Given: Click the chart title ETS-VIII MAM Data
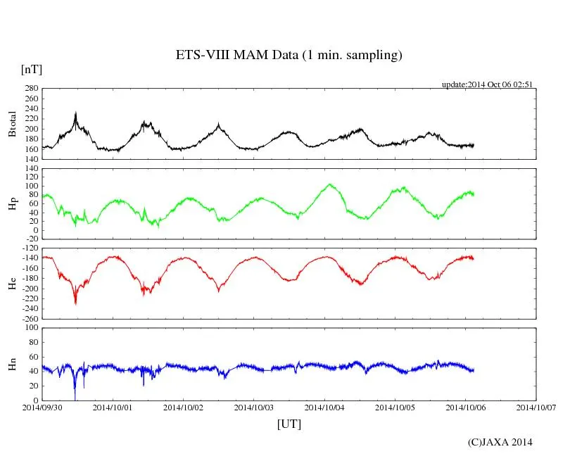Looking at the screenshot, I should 289,56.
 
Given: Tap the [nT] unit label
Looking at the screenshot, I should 32,70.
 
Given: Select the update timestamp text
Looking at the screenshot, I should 487,84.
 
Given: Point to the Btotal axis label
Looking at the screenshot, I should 12,124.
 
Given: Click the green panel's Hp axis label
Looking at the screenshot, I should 12,203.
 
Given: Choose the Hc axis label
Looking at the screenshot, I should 12,283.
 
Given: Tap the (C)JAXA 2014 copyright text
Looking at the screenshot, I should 500,442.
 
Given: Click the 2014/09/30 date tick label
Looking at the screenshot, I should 42,408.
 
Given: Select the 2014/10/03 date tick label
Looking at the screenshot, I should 254,408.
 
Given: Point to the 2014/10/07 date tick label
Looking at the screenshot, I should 536,408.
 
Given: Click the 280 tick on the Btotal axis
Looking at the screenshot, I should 31,89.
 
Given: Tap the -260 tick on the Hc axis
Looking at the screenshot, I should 29,319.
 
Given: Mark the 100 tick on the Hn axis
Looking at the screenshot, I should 31,327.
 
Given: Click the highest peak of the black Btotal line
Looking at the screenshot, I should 76,113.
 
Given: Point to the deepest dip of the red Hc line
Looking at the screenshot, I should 76,303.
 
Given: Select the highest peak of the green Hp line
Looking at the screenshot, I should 329,184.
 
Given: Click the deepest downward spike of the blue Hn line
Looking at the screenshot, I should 75,399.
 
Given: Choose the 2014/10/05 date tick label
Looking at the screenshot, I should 395,408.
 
